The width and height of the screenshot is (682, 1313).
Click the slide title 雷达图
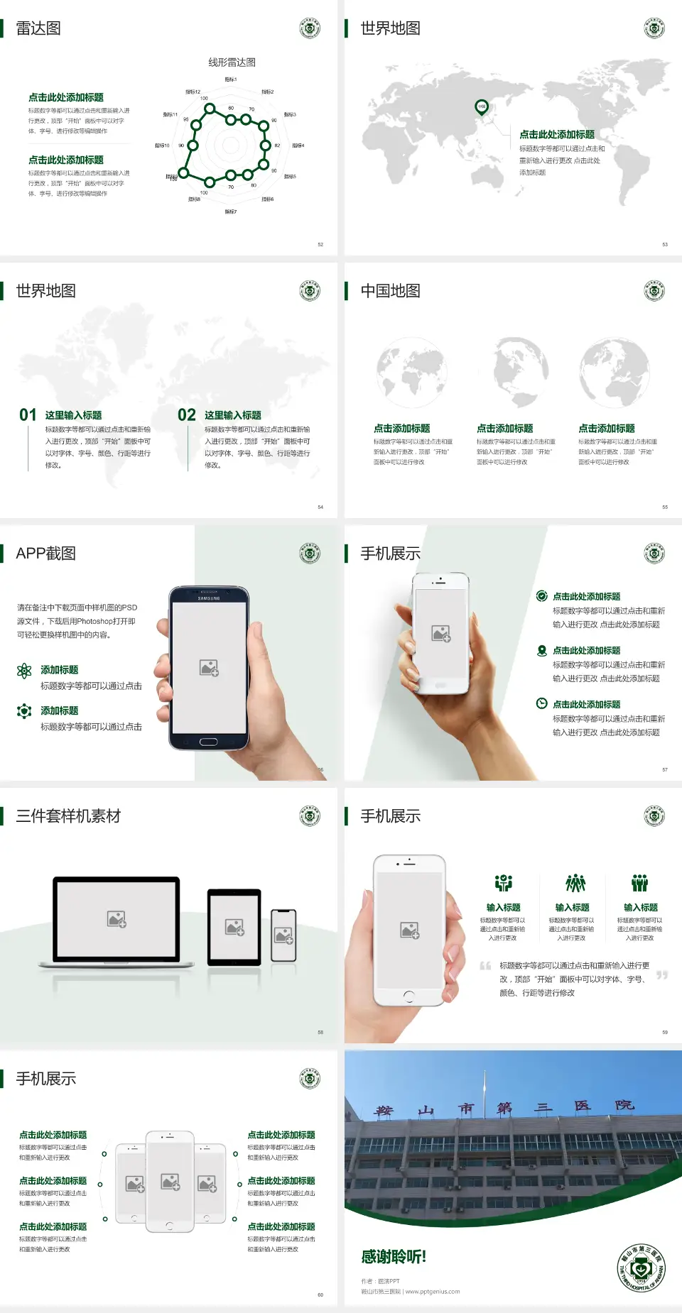[38, 28]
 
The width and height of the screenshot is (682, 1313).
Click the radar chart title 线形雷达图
[232, 62]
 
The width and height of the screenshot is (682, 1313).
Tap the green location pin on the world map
[482, 107]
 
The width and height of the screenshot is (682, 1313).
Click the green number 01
[28, 415]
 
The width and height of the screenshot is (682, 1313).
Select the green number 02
[187, 415]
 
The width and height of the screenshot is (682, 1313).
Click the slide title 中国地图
[390, 291]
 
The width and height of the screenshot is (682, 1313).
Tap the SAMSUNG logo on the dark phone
[209, 598]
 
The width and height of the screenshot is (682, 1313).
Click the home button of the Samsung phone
[208, 742]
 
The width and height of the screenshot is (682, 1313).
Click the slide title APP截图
[45, 554]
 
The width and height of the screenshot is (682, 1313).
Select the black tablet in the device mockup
[234, 927]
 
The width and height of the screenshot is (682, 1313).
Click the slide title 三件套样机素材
[68, 816]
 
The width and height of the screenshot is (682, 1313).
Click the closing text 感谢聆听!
[394, 1257]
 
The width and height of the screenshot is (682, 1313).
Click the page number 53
[665, 244]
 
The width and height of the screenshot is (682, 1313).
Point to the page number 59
[665, 1032]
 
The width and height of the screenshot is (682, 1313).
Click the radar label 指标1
[231, 79]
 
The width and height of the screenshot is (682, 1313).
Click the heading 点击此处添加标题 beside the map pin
[557, 135]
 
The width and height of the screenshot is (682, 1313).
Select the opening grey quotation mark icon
[485, 966]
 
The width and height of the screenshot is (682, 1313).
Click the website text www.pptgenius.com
[433, 1292]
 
